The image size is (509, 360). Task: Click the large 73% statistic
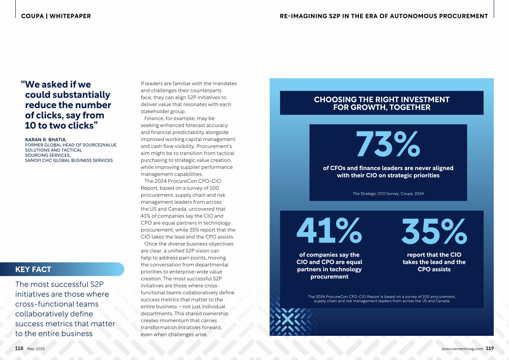click(x=388, y=144)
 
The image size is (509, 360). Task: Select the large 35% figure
click(x=434, y=231)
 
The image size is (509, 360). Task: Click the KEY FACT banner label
click(x=33, y=269)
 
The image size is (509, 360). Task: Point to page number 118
click(x=19, y=348)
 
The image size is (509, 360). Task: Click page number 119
click(x=490, y=348)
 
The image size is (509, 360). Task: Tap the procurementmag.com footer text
click(x=462, y=349)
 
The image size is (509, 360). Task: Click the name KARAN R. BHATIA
click(x=46, y=140)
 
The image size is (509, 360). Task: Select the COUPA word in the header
click(x=33, y=16)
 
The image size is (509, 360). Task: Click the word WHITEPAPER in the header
click(x=70, y=16)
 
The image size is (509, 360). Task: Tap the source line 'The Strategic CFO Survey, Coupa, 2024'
click(x=388, y=193)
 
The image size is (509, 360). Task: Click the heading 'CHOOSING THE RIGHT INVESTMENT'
click(x=381, y=100)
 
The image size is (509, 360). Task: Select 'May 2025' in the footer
click(x=36, y=349)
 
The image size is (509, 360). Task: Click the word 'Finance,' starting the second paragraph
click(x=154, y=118)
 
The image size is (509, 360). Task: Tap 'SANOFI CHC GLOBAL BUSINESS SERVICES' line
click(x=69, y=160)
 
